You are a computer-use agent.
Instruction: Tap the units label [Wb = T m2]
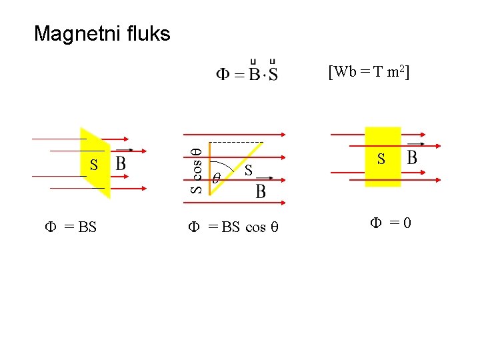pyautogui.click(x=369, y=72)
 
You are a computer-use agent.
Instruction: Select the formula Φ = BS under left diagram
pyautogui.click(x=71, y=227)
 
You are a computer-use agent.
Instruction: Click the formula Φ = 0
pyautogui.click(x=391, y=223)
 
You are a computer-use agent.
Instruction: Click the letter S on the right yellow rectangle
pyautogui.click(x=381, y=159)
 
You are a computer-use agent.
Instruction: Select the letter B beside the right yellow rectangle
pyautogui.click(x=412, y=158)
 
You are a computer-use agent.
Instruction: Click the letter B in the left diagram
pyautogui.click(x=121, y=163)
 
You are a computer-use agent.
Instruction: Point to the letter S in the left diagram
pyautogui.click(x=94, y=165)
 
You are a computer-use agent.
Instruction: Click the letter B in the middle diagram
pyautogui.click(x=261, y=192)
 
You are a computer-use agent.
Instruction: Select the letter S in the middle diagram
pyautogui.click(x=247, y=171)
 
